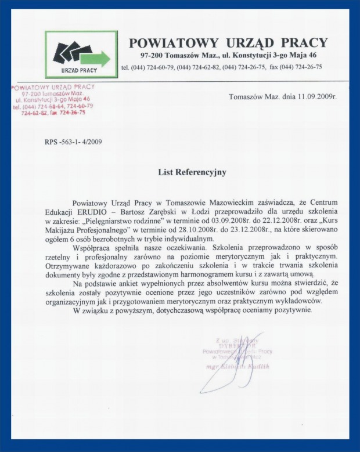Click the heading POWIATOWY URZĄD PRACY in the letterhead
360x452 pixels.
tap(228, 42)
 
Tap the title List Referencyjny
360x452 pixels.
tap(192, 172)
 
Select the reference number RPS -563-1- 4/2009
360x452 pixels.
tap(73, 141)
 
